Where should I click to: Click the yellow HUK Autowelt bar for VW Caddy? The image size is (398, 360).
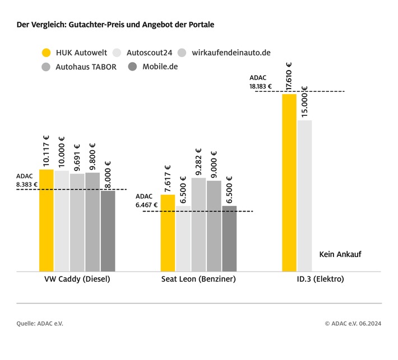[47, 220]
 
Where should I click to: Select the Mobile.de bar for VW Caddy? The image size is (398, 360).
[108, 231]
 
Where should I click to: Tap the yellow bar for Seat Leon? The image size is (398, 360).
[168, 233]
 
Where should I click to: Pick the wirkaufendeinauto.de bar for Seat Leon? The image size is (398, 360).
[198, 225]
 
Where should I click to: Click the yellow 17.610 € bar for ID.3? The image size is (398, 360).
[289, 183]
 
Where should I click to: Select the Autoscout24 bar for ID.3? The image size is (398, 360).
[304, 196]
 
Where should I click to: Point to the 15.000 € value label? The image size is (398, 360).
[305, 102]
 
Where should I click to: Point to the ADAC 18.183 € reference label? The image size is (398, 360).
[261, 82]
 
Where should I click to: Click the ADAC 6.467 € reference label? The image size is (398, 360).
[147, 201]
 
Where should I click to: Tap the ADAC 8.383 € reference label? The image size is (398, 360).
[27, 180]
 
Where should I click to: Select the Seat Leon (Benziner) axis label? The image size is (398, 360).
[198, 279]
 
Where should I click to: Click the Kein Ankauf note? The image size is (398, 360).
[340, 254]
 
